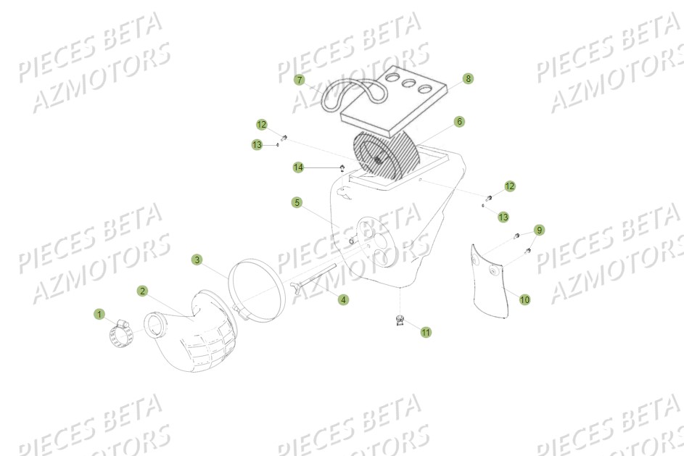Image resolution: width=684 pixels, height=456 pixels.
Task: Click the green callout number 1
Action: point(99,314)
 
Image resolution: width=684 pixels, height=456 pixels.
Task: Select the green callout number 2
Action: point(142,291)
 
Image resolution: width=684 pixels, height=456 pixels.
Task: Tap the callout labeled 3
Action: point(197,259)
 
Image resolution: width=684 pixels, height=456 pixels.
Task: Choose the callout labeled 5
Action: point(297,202)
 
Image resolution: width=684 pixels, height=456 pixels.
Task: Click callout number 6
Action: point(459,122)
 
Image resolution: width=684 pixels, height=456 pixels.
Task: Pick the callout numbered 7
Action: point(300,80)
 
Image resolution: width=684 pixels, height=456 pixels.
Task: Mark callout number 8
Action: point(468,78)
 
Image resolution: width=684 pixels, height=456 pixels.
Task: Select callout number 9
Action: point(539,230)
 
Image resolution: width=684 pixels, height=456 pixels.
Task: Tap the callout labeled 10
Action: point(524,299)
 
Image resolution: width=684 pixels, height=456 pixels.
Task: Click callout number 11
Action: point(426,332)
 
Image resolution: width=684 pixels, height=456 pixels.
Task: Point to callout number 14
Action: point(298,167)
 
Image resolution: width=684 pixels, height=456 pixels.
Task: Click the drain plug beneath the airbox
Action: point(398,319)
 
